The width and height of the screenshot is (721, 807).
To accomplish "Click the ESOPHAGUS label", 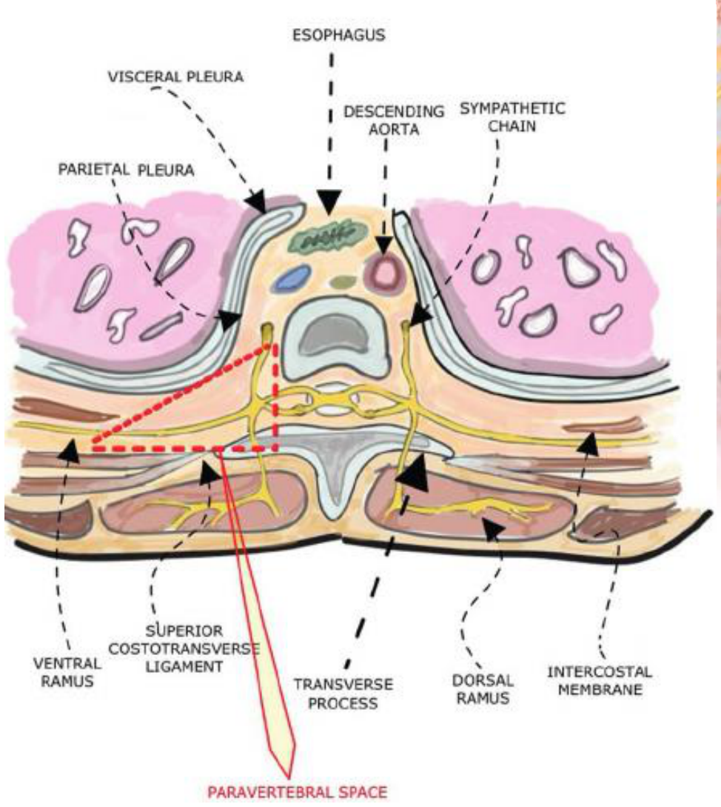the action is pyautogui.click(x=338, y=35).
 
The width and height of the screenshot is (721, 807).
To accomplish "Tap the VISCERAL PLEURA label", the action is pyautogui.click(x=175, y=76).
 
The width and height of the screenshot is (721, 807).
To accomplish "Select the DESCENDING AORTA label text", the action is pyautogui.click(x=394, y=120).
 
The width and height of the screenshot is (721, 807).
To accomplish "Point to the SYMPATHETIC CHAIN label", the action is pyautogui.click(x=512, y=117).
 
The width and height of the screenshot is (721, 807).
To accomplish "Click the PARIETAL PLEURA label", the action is pyautogui.click(x=126, y=169).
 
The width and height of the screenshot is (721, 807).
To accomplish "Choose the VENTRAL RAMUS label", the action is pyautogui.click(x=67, y=672).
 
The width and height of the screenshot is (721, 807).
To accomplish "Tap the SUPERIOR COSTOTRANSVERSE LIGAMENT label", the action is pyautogui.click(x=184, y=648).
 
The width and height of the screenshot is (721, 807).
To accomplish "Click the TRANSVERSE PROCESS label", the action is pyautogui.click(x=343, y=694).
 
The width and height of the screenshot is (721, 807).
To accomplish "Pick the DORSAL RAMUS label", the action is pyautogui.click(x=483, y=689).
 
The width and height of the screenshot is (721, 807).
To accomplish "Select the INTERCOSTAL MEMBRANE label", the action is pyautogui.click(x=600, y=680).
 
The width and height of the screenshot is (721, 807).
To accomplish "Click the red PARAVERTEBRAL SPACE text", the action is pyautogui.click(x=298, y=791).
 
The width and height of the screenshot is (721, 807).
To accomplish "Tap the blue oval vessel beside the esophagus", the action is pyautogui.click(x=291, y=276).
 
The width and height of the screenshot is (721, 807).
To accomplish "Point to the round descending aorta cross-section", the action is pyautogui.click(x=385, y=272).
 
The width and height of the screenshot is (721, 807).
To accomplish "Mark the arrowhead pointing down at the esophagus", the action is pyautogui.click(x=329, y=202).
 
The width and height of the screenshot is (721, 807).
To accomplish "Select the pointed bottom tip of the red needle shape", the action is pyautogui.click(x=287, y=776).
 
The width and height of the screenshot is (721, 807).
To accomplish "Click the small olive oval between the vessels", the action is pyautogui.click(x=341, y=282).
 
